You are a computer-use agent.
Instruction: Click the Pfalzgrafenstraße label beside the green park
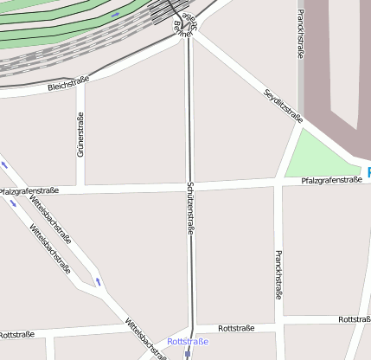(x=331, y=180)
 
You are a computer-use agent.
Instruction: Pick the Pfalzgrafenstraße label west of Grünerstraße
(x=29, y=190)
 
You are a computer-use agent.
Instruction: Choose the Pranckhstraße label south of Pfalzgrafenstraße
(x=278, y=274)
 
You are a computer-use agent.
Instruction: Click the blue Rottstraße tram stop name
(x=189, y=342)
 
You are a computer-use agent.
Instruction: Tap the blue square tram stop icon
(x=188, y=353)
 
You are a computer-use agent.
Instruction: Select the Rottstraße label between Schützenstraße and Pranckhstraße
(x=236, y=329)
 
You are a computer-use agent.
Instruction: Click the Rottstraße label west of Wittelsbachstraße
(x=16, y=334)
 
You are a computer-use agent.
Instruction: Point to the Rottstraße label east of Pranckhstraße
(x=355, y=319)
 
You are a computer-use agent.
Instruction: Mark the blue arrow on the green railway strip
(x=116, y=15)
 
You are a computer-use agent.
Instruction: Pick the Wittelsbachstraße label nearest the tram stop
(x=145, y=338)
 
